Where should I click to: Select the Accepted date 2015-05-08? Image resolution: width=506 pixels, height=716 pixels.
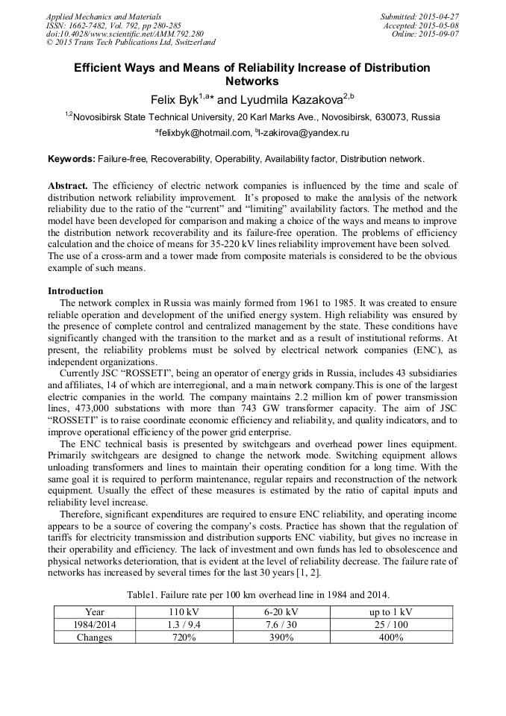tap(440, 25)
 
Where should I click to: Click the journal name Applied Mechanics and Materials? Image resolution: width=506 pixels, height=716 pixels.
tap(104, 16)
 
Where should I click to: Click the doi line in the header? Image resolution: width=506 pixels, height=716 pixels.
tap(125, 34)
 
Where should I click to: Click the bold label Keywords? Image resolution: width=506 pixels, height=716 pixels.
tap(71, 159)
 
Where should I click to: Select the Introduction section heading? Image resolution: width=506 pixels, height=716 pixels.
tap(75, 290)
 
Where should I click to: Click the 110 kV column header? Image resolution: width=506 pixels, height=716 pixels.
tap(183, 611)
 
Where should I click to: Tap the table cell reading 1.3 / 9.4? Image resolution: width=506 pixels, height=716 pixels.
tap(183, 624)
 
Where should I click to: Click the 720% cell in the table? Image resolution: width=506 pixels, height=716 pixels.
tap(183, 637)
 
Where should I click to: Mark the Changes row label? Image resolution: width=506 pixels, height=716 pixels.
tap(94, 637)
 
